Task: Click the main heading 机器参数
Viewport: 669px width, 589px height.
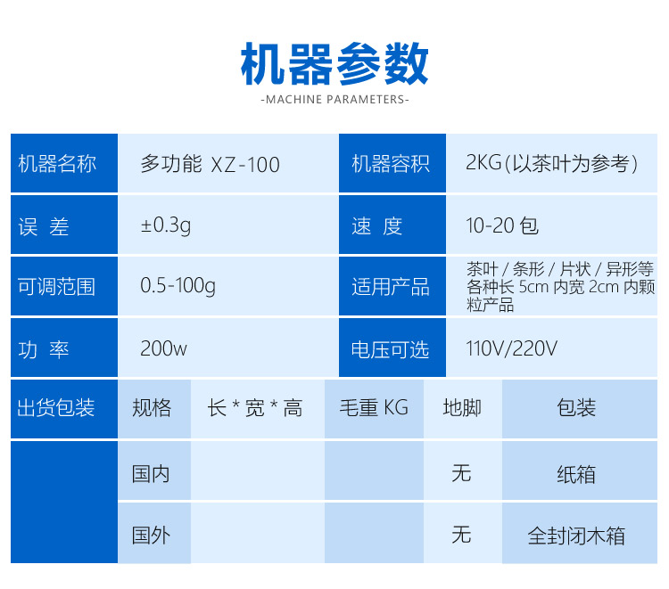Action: tap(334, 64)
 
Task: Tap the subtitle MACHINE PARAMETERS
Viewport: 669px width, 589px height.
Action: tap(334, 100)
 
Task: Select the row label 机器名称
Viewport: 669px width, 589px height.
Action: tap(57, 164)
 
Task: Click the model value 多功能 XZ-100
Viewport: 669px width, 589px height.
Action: tap(210, 164)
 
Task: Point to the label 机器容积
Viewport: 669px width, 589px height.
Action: tap(391, 164)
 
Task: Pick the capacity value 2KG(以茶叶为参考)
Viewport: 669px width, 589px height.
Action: tap(551, 163)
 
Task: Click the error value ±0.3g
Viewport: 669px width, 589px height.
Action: tap(166, 225)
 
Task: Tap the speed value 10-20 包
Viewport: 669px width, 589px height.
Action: tap(502, 225)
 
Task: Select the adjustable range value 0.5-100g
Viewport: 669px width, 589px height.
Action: tap(178, 286)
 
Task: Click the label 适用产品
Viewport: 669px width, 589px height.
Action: tap(391, 287)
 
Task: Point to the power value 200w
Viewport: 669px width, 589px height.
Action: tap(164, 348)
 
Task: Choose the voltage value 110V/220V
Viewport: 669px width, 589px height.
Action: tap(512, 348)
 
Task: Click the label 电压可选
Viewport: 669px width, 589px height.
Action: tap(390, 349)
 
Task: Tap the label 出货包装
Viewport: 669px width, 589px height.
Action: tap(56, 407)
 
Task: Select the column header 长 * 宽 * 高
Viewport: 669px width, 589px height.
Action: tap(255, 408)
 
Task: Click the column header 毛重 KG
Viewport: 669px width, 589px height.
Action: tap(374, 407)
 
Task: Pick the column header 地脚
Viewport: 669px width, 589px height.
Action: tap(462, 407)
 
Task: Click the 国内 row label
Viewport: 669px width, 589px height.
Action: tap(151, 474)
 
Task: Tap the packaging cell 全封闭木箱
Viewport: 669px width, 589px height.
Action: tap(576, 536)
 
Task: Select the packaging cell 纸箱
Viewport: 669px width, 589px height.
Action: tap(576, 474)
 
